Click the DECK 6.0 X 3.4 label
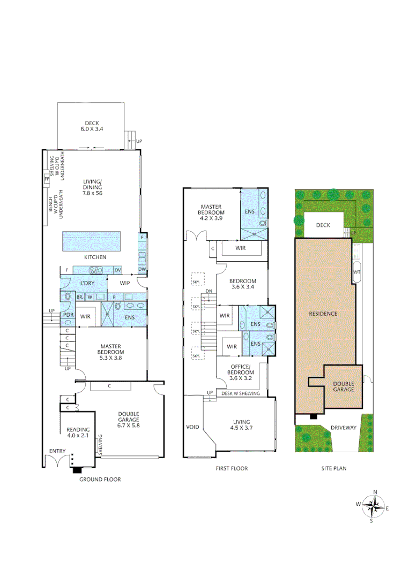(91, 126)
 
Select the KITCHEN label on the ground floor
(95, 257)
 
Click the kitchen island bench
(91, 240)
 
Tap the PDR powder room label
(68, 315)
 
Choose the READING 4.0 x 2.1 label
(78, 432)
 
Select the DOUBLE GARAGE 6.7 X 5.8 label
(129, 420)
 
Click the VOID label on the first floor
(192, 427)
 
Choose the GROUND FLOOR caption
(100, 480)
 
